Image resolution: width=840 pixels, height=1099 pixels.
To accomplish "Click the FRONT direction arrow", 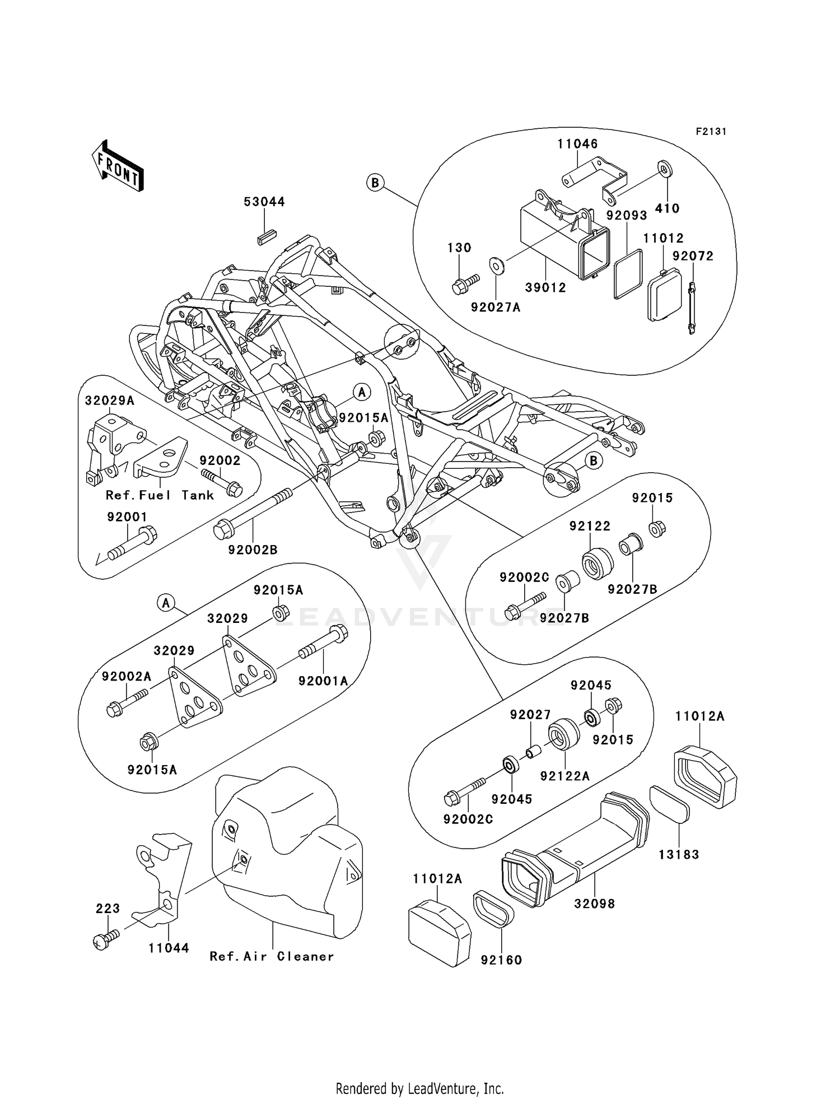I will tap(118, 167).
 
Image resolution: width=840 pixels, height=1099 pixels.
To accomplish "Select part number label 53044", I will tap(264, 202).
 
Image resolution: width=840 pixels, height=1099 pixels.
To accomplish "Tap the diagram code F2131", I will tap(711, 131).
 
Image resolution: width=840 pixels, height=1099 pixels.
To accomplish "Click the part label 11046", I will tap(577, 144).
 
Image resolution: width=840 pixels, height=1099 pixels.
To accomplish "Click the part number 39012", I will tap(545, 287).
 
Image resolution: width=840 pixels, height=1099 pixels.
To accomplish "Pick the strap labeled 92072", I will tap(692, 308).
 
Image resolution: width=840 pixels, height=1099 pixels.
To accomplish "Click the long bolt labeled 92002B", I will tap(252, 513).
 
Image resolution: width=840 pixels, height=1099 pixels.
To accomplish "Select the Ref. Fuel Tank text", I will tap(160, 495).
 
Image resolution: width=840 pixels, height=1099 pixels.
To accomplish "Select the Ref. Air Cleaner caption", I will tap(272, 956).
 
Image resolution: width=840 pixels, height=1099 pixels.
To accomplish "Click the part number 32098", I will tap(594, 904).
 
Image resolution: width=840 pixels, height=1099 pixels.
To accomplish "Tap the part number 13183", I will tap(679, 854).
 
